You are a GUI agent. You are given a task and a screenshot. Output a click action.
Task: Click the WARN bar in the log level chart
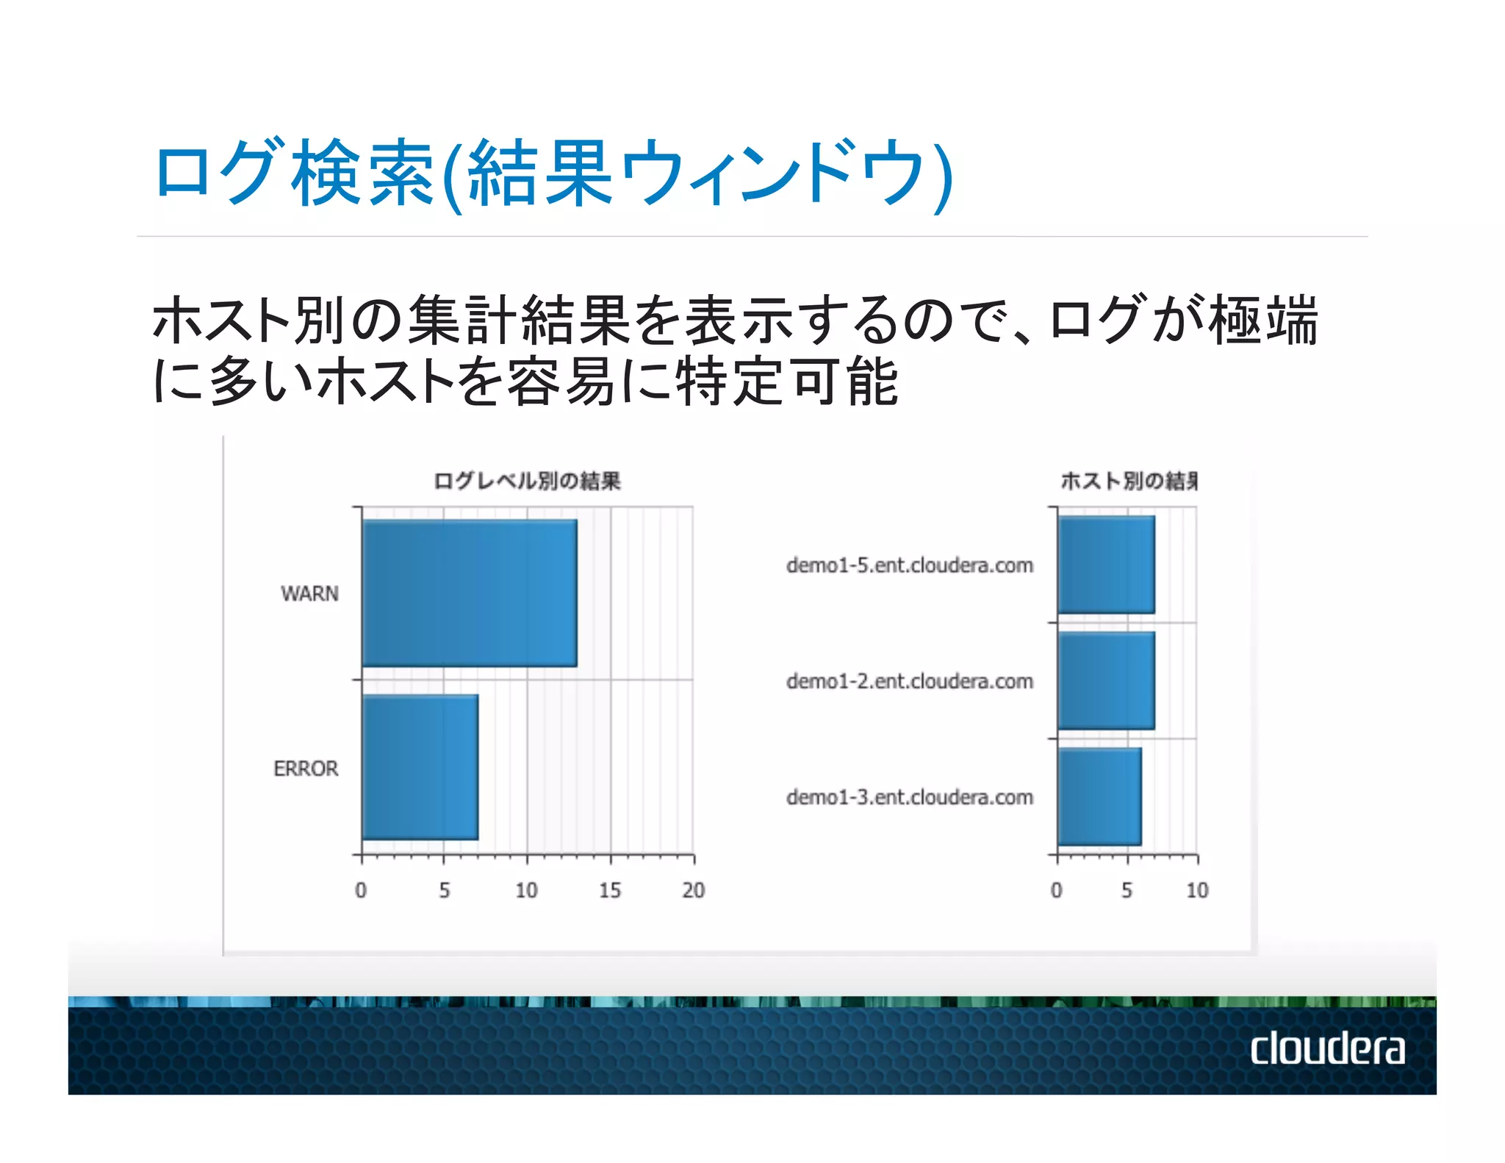[x=469, y=593]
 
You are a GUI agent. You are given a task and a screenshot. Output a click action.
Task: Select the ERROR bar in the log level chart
[x=420, y=767]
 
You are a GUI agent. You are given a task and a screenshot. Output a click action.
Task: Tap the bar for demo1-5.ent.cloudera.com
[x=1106, y=565]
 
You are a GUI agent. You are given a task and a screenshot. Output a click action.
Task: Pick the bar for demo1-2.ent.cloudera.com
[x=1106, y=681]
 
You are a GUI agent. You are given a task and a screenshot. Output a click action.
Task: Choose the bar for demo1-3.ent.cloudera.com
[x=1099, y=797]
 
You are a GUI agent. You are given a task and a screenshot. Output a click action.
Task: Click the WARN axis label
[x=309, y=593]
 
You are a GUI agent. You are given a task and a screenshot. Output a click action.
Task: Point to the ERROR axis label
[x=306, y=768]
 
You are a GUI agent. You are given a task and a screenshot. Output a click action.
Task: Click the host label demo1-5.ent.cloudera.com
[x=909, y=565]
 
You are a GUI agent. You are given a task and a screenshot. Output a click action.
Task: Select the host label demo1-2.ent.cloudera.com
[x=909, y=681]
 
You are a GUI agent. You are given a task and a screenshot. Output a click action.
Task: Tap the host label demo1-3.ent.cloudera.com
[x=909, y=798]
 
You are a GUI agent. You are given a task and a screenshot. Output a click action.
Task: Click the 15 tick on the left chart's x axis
[x=609, y=890]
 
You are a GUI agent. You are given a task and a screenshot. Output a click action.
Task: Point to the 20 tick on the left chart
[x=693, y=890]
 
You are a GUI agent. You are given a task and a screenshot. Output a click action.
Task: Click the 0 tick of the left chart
[x=361, y=890]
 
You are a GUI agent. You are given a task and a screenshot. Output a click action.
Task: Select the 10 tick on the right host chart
[x=1197, y=890]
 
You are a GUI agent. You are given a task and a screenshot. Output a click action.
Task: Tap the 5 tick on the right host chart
[x=1127, y=890]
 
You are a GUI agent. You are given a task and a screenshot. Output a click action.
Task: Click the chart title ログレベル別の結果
[x=527, y=481]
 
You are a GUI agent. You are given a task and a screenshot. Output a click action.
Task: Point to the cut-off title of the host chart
[x=1129, y=481]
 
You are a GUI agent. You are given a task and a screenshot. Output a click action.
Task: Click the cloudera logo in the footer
[x=1327, y=1048]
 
